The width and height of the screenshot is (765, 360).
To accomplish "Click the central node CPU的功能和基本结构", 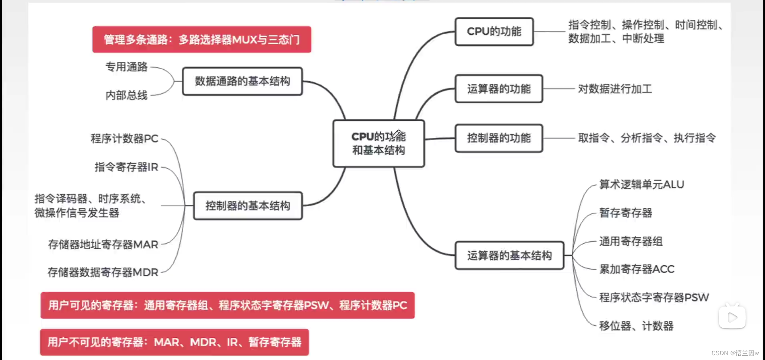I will point(379,143).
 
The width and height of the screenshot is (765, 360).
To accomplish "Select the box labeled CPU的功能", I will point(494,31).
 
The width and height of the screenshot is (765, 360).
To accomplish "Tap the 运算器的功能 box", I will point(499,89).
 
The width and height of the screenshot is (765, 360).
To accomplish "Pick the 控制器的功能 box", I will point(499,138).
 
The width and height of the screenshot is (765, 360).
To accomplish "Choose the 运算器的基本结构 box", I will point(509,255).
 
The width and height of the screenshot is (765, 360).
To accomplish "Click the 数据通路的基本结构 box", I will point(242,81).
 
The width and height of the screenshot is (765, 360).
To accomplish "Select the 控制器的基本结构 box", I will point(247,206).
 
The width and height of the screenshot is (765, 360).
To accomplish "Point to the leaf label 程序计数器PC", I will point(124,139).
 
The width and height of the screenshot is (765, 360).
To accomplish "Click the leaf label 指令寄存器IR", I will point(126,167).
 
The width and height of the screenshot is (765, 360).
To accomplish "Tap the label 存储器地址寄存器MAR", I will point(103,245).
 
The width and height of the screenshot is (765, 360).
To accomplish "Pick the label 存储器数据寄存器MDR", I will point(103,272).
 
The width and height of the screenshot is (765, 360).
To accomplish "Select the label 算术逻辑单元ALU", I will point(641,184).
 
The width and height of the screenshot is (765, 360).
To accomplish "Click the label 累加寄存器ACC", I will point(637,269).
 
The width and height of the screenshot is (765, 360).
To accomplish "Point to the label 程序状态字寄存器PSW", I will point(654,297).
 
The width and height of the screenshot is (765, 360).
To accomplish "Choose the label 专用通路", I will point(126,67).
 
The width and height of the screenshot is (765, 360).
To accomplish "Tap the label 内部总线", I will point(126,95).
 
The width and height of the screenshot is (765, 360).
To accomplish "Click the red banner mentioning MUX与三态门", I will point(202,39).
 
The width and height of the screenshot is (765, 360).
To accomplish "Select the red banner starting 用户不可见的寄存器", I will point(174,342).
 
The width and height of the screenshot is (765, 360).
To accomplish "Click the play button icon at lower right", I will point(732,317).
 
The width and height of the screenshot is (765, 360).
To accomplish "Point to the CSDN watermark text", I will point(735,353).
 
